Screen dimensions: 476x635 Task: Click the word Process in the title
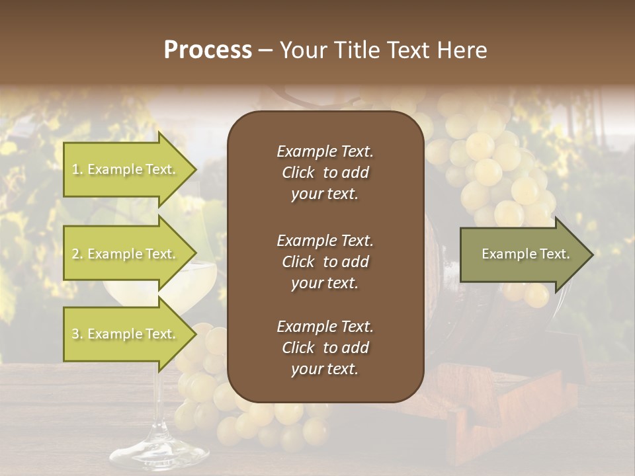(x=208, y=50)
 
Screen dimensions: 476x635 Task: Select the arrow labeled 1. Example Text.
(x=126, y=169)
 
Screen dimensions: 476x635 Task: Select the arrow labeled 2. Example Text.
(x=126, y=254)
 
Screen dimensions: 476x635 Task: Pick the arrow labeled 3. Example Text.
(x=126, y=334)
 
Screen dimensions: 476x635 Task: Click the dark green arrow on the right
(x=523, y=255)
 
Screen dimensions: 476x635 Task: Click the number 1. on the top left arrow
(x=77, y=170)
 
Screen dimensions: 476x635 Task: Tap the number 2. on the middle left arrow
(x=77, y=255)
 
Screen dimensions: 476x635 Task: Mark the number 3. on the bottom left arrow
(x=77, y=335)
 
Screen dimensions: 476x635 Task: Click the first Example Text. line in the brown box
(x=325, y=151)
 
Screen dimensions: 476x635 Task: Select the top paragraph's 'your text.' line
(x=325, y=194)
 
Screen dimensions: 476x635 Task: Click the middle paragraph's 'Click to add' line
(x=325, y=262)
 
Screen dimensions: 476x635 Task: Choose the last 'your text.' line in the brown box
(x=325, y=370)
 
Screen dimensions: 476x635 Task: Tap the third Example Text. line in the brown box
(x=325, y=327)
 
